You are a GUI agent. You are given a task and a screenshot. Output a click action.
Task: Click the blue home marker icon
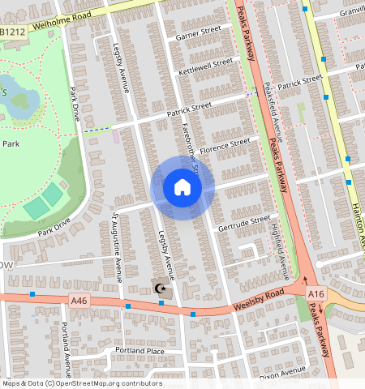[x=182, y=188]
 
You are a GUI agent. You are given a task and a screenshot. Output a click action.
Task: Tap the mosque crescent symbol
[x=161, y=288]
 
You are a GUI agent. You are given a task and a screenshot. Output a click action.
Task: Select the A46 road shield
[x=79, y=301]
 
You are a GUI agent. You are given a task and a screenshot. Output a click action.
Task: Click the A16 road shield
[x=316, y=293]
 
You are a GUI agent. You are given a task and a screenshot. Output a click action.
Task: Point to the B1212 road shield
[x=11, y=32]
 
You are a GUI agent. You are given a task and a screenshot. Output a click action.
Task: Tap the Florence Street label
[x=225, y=145]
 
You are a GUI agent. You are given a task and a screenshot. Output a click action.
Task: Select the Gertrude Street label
[x=243, y=221]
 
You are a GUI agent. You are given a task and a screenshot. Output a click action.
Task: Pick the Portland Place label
[x=139, y=351]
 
